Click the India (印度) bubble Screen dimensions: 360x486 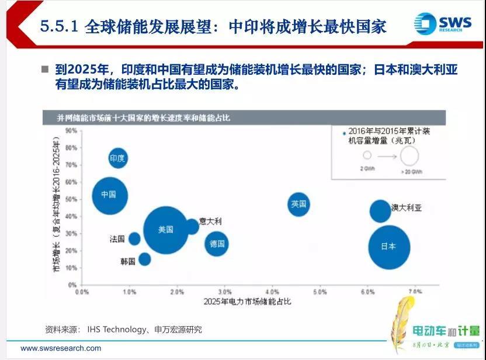point(118,158)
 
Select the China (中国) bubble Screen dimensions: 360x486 point(110,195)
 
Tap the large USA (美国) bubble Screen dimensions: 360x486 point(166,230)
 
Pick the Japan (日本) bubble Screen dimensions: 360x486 point(389,247)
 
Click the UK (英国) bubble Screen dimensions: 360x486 point(298,204)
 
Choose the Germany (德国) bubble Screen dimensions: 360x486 point(217,243)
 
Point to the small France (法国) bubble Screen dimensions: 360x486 point(134,238)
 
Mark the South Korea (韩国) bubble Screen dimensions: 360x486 point(144,259)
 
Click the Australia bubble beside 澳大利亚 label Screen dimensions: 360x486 point(380,211)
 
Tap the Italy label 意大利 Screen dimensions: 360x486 point(210,221)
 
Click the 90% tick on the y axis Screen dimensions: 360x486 point(71,130)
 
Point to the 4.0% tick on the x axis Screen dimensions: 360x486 point(272,291)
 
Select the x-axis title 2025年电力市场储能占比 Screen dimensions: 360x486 point(247,302)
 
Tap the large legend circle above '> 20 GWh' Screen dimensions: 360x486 point(409,156)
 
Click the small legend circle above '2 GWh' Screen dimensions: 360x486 point(367,156)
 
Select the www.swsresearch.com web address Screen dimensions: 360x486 point(61,348)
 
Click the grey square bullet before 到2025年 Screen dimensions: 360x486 point(45,69)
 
